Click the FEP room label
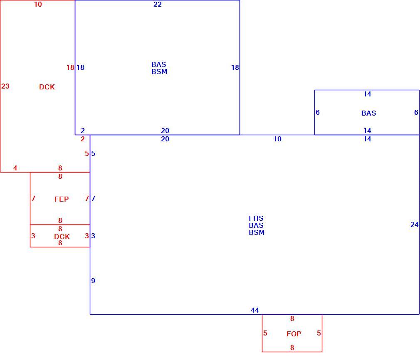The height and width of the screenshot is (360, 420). [62, 199]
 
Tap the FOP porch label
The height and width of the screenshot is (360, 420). [294, 334]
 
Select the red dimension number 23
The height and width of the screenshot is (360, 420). [5, 86]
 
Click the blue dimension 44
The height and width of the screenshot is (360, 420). [255, 310]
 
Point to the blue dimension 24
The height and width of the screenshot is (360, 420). [414, 224]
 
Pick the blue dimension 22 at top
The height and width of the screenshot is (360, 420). [158, 4]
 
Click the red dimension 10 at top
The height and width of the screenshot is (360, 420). [38, 4]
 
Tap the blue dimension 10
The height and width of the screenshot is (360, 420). [277, 139]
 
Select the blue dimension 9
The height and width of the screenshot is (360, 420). [93, 281]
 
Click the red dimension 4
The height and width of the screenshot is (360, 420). [15, 168]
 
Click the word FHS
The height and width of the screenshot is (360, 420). [256, 218]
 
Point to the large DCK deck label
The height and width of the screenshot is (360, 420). [47, 87]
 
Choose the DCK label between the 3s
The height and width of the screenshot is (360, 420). [62, 237]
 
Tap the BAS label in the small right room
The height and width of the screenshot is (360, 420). [368, 113]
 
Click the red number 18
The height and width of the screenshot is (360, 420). [70, 67]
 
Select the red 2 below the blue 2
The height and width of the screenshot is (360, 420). [82, 139]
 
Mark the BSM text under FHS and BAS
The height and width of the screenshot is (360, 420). [257, 232]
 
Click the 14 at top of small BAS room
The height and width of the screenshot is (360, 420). [367, 94]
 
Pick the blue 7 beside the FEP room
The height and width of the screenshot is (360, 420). [93, 198]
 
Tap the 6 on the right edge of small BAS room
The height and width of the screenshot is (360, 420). [416, 112]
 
